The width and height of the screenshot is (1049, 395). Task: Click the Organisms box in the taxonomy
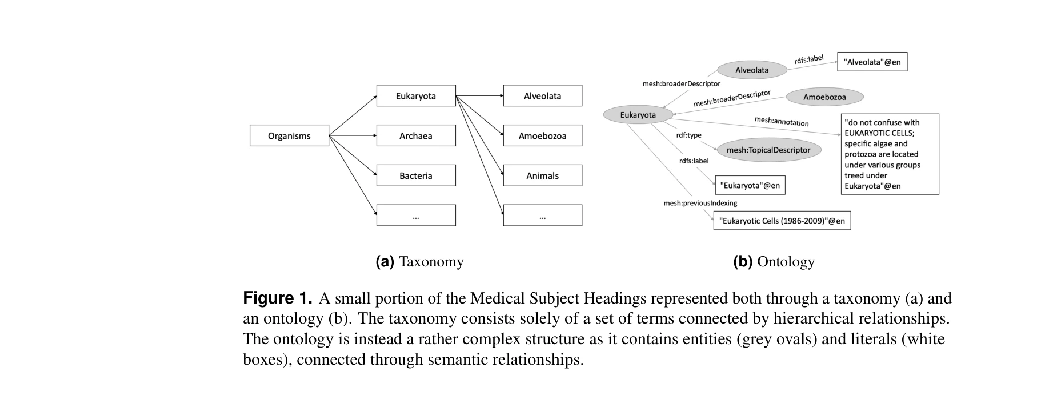click(289, 136)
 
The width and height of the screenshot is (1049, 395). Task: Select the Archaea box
click(416, 136)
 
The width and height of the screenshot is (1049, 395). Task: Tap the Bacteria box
click(416, 175)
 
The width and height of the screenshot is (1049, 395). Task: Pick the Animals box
click(542, 175)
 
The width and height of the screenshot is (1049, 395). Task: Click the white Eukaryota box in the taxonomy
click(416, 96)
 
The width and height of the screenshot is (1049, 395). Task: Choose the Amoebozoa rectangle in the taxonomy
click(542, 136)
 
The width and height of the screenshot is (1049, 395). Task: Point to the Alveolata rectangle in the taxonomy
click(542, 96)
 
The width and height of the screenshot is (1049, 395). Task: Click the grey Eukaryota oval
click(638, 115)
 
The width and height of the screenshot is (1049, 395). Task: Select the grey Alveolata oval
click(752, 70)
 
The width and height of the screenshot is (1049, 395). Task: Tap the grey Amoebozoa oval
click(824, 97)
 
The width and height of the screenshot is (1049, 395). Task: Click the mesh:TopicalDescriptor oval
click(768, 150)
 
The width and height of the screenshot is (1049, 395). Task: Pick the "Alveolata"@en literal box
click(872, 62)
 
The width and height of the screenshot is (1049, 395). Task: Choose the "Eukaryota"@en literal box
click(750, 185)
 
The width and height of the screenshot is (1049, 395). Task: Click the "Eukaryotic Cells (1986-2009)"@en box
click(782, 221)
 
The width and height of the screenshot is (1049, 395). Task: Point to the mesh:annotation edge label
click(782, 121)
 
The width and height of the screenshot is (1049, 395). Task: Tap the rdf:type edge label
click(688, 135)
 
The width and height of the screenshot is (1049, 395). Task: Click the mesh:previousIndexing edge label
click(700, 203)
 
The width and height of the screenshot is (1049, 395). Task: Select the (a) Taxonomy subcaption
click(419, 262)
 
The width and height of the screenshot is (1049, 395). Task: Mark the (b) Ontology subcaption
click(774, 262)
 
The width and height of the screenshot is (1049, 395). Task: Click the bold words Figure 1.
click(278, 298)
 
